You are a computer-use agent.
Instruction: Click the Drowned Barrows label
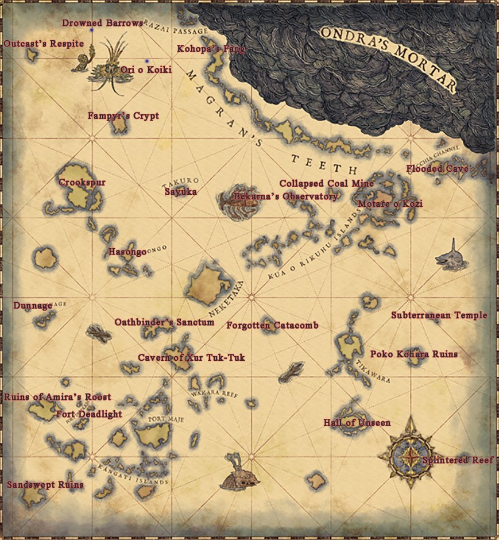102,23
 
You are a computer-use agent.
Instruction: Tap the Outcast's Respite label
40,44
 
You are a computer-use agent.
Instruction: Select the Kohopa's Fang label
211,49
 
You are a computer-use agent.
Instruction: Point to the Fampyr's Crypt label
123,116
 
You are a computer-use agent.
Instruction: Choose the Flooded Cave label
438,169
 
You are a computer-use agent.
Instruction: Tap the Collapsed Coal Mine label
327,183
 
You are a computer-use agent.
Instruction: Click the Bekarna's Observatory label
285,196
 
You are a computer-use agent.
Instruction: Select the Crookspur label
82,183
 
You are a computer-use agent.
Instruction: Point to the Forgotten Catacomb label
272,326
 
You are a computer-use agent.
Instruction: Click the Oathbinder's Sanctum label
164,322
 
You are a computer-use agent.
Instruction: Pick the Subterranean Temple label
439,315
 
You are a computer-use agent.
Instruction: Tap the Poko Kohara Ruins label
414,354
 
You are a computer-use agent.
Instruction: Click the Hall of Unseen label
357,423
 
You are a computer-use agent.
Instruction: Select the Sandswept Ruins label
45,485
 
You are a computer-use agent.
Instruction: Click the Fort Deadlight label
89,414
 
